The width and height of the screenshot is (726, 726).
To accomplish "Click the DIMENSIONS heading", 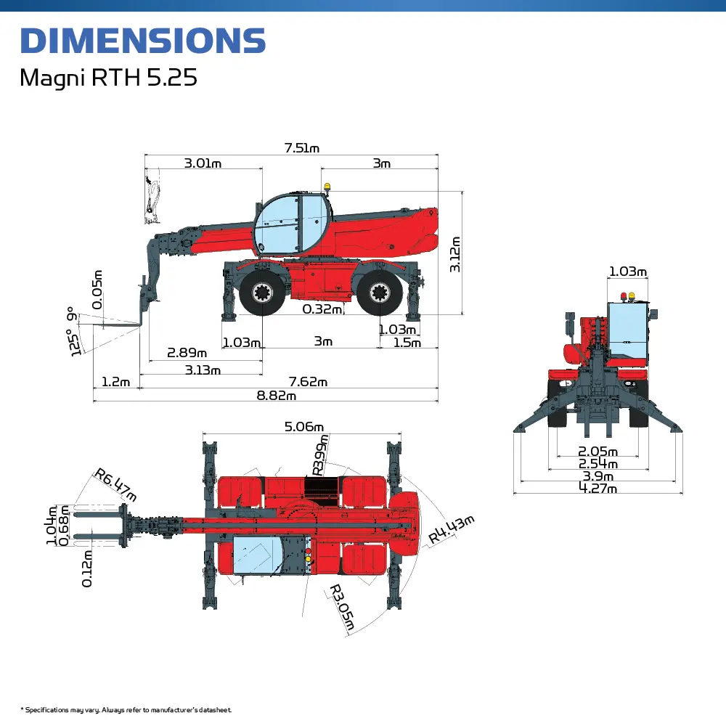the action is (x=143, y=41).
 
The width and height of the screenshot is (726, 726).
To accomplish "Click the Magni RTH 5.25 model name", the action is (x=108, y=78).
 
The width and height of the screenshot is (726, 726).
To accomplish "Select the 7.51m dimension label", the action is (x=302, y=148).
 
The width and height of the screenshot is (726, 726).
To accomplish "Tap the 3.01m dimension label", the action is (x=203, y=163).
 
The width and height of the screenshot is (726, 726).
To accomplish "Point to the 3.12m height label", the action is (x=455, y=254).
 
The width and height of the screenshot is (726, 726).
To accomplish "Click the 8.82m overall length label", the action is (x=277, y=396).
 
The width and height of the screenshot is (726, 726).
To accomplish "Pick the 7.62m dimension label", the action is (x=308, y=382).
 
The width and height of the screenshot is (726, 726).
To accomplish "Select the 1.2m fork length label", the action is (x=115, y=382).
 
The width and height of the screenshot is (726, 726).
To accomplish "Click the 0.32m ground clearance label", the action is (x=322, y=309).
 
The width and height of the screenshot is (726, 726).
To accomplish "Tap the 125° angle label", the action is (x=74, y=343).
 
